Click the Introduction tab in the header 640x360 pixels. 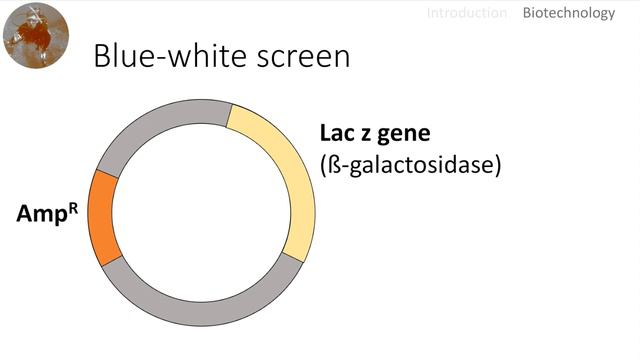(x=467, y=13)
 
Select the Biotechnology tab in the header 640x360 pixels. (x=568, y=13)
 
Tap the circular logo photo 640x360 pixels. (x=36, y=36)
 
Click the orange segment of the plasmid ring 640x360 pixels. (x=102, y=218)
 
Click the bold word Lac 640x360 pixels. (x=339, y=133)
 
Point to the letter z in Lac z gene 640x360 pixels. (x=373, y=134)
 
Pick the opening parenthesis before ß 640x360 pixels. (x=324, y=165)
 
